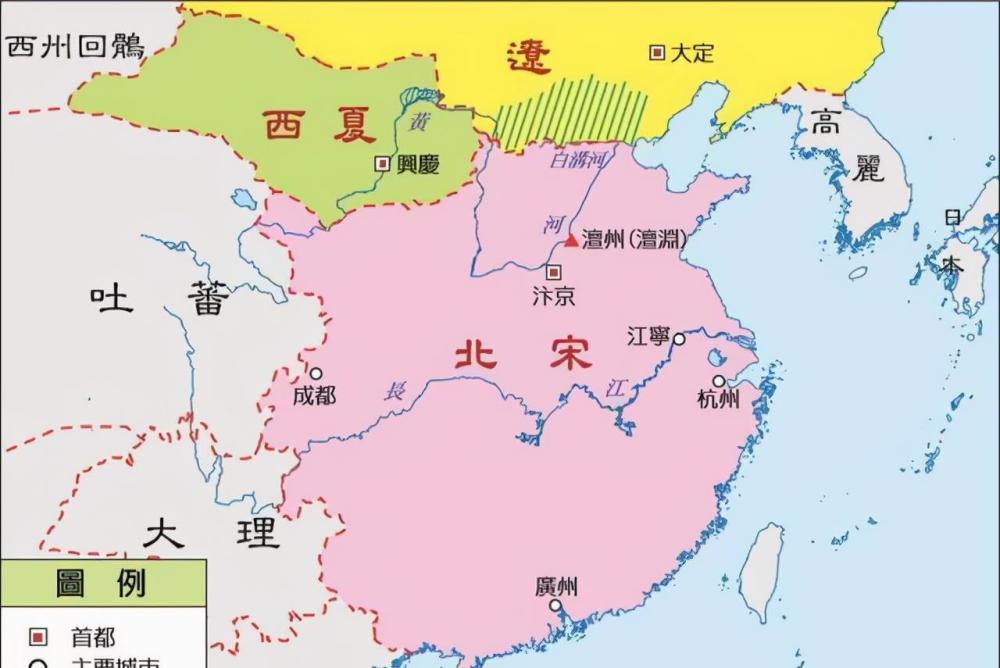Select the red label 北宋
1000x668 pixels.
click(x=522, y=354)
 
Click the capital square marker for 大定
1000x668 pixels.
click(x=657, y=52)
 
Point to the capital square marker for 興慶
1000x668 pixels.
click(x=381, y=163)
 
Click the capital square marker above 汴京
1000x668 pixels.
click(x=553, y=271)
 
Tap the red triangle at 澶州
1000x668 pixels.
click(x=571, y=240)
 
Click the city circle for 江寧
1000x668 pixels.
click(x=679, y=339)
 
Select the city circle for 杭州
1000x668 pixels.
click(x=718, y=381)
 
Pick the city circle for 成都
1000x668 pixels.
click(x=315, y=374)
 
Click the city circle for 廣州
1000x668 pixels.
click(x=555, y=605)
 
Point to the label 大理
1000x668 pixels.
click(x=211, y=533)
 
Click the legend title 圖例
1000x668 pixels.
click(x=101, y=583)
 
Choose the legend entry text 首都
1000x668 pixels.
click(x=92, y=637)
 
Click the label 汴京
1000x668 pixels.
click(x=553, y=296)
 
